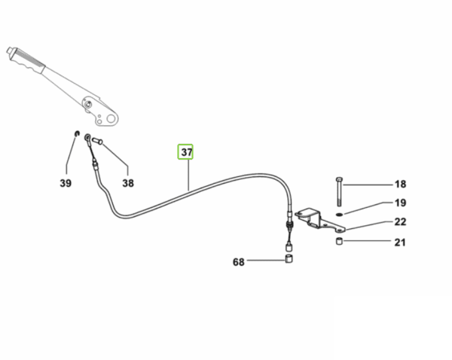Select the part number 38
pyautogui.click(x=128, y=182)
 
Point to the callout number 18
pyautogui.click(x=400, y=185)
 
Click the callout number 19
pyautogui.click(x=400, y=203)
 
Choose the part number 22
pyautogui.click(x=400, y=223)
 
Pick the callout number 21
pyautogui.click(x=400, y=243)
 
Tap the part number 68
pyautogui.click(x=239, y=262)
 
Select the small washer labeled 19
pyautogui.click(x=340, y=213)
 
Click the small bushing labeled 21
pyautogui.click(x=341, y=242)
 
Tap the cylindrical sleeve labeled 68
pyautogui.click(x=289, y=261)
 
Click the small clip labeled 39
pyautogui.click(x=77, y=135)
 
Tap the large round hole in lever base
pyautogui.click(x=111, y=117)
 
